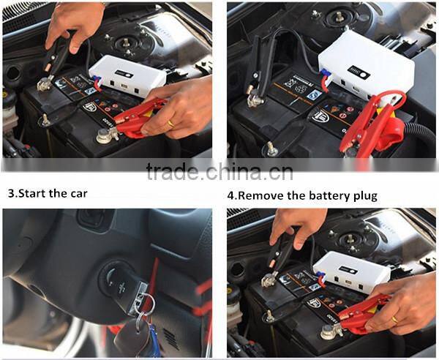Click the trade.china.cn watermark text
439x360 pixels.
pyautogui.click(x=219, y=173)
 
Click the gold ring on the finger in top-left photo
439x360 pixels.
pyautogui.click(x=171, y=123)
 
